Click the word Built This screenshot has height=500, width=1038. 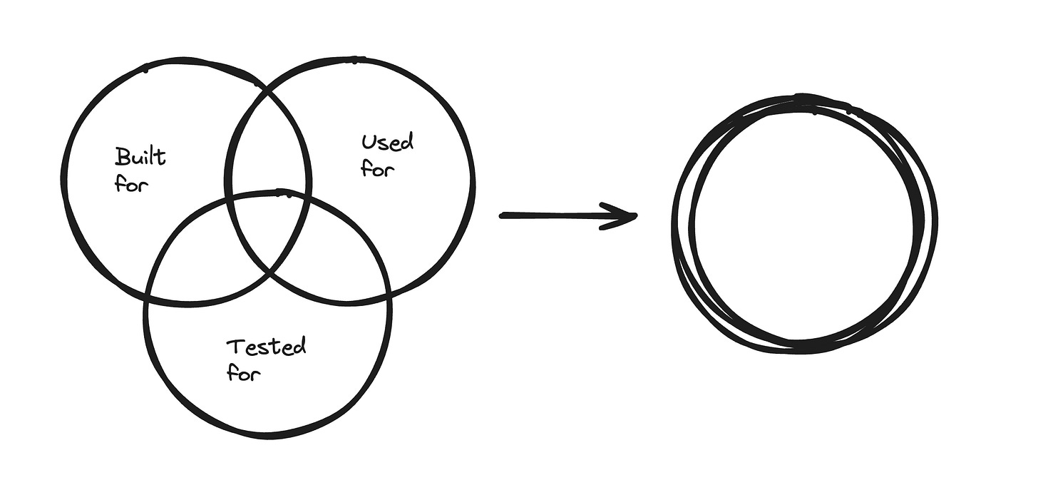point(140,155)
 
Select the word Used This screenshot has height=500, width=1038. point(387,142)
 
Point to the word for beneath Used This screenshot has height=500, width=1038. point(377,169)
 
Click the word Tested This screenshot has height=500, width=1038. point(266,348)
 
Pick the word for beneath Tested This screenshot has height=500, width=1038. point(243,372)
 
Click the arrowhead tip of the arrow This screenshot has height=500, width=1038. point(635,215)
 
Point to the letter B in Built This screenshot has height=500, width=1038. point(121,155)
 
